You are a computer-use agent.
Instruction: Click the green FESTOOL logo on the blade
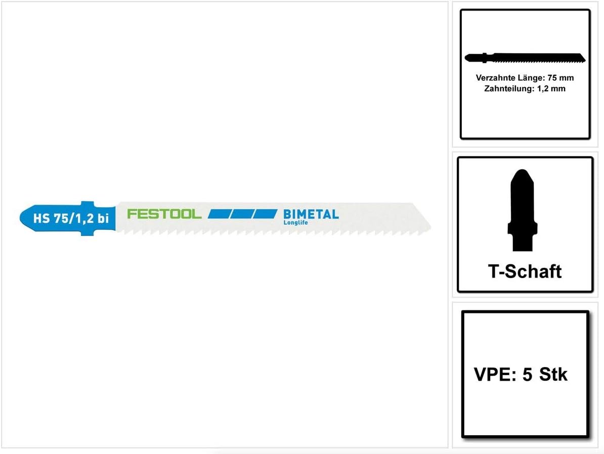pyautogui.click(x=164, y=214)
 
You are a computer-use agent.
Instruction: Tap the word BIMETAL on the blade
pyautogui.click(x=311, y=214)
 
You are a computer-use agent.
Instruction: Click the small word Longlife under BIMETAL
pyautogui.click(x=295, y=222)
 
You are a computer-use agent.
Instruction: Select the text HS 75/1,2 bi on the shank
pyautogui.click(x=71, y=218)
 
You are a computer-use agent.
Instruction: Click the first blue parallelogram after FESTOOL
pyautogui.click(x=219, y=214)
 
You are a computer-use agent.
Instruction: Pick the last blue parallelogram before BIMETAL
pyautogui.click(x=266, y=214)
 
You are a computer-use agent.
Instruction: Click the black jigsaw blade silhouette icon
pyautogui.click(x=525, y=58)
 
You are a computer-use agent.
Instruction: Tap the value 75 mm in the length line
pyautogui.click(x=560, y=78)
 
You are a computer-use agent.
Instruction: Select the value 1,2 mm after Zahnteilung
pyautogui.click(x=551, y=88)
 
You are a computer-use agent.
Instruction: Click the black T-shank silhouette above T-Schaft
pyautogui.click(x=523, y=210)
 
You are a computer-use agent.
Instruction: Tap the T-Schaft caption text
pyautogui.click(x=525, y=271)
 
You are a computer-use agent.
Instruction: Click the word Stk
pyautogui.click(x=553, y=374)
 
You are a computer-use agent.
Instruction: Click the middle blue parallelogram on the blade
pyautogui.click(x=242, y=214)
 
